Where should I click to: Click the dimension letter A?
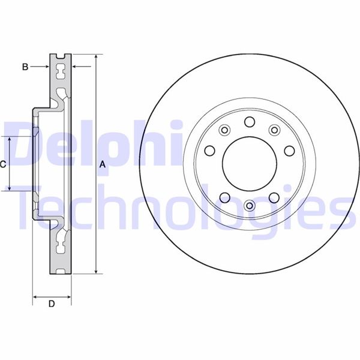point(103,164)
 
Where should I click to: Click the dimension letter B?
point(25,67)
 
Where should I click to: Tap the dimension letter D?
point(52,304)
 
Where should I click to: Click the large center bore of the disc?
point(249,164)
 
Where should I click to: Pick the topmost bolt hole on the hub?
point(249,122)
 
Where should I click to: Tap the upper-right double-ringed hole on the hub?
point(275,130)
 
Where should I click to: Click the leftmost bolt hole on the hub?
point(211,151)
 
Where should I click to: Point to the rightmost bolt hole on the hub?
point(288,151)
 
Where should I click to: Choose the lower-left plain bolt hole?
point(224,197)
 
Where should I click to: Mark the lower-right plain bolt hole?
point(274,197)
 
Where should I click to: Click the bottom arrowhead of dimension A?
point(95,271)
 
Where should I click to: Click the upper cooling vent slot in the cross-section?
point(61,72)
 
